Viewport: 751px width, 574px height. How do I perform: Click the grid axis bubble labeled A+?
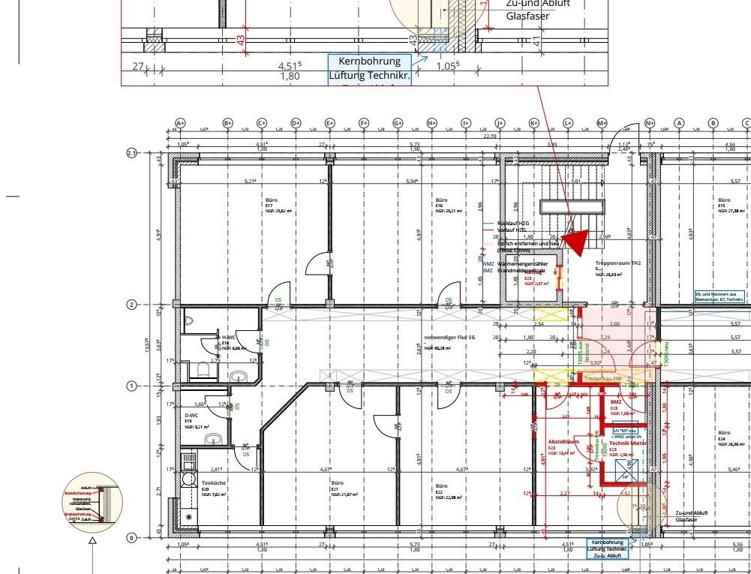point(180,123)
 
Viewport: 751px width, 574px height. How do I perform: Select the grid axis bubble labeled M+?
point(602,123)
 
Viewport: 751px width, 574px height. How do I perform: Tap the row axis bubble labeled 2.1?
point(132,153)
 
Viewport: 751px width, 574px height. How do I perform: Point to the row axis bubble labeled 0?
point(132,537)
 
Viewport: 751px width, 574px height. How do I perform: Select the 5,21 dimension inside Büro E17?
point(250,182)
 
